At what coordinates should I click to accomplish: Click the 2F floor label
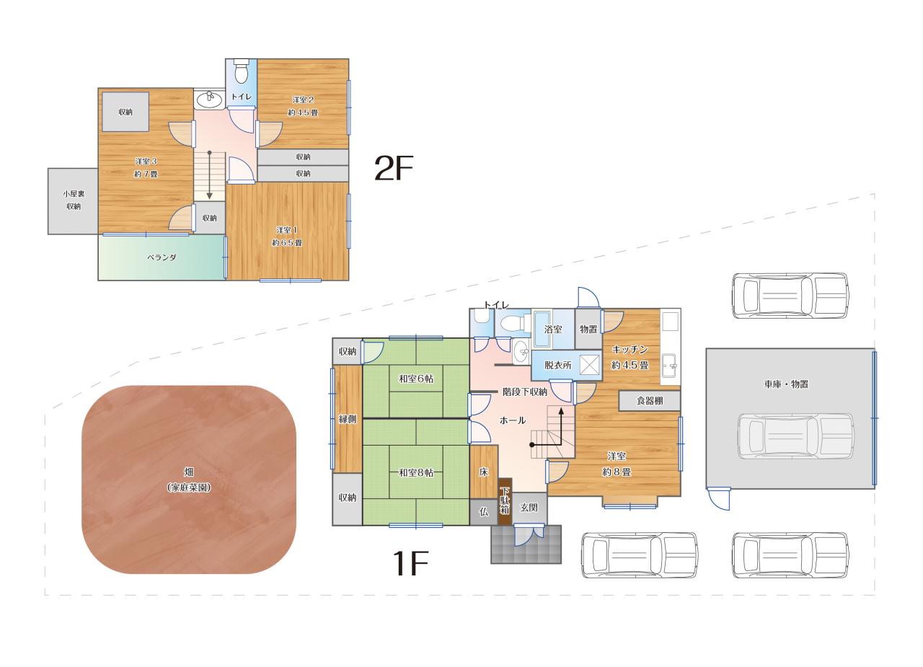click(x=393, y=168)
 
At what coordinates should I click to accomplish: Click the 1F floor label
click(x=410, y=563)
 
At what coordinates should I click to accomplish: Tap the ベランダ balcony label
click(x=162, y=257)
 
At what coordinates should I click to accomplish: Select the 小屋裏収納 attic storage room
click(x=74, y=201)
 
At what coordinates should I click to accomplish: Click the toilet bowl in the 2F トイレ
click(x=241, y=73)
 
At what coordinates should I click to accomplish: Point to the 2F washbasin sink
click(x=209, y=99)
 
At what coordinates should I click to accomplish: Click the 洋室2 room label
click(x=303, y=100)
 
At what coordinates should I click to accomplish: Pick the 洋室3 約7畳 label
click(x=146, y=168)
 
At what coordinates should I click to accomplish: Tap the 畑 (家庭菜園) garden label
click(x=189, y=480)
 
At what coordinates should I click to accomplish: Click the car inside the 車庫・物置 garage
click(x=795, y=436)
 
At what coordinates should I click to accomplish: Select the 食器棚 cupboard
click(x=650, y=400)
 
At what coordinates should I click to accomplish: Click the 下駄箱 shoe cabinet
click(x=505, y=501)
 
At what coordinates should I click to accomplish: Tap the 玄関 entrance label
click(x=529, y=508)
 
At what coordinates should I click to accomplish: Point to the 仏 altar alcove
click(x=484, y=512)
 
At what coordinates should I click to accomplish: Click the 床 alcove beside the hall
click(x=484, y=472)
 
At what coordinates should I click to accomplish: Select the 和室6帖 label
click(x=416, y=379)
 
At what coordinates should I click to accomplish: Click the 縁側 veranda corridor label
click(x=348, y=420)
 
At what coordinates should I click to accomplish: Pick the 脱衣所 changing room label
click(x=558, y=365)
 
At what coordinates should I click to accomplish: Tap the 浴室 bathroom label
click(x=553, y=330)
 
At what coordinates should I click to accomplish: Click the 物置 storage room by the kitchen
click(x=588, y=330)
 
